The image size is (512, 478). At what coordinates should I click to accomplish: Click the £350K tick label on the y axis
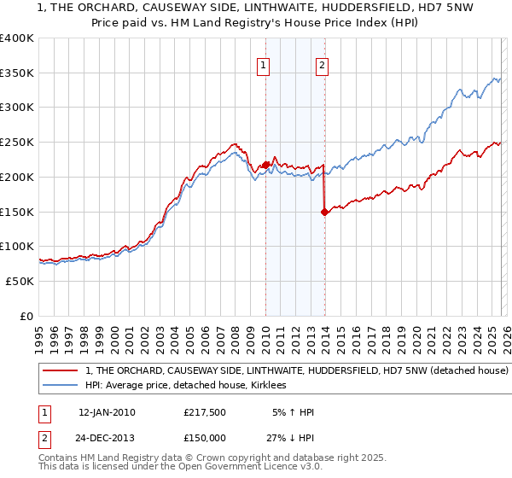click(x=17, y=73)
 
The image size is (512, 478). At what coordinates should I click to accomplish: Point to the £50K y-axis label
click(x=20, y=281)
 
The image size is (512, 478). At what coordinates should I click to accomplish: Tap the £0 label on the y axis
click(x=26, y=316)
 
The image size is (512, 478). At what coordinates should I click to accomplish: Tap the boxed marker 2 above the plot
click(x=322, y=65)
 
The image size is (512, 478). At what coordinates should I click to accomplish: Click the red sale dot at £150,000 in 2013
click(x=325, y=213)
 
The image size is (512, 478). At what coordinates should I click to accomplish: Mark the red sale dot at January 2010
click(x=265, y=165)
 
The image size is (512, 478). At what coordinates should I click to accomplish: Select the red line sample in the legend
click(x=60, y=371)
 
